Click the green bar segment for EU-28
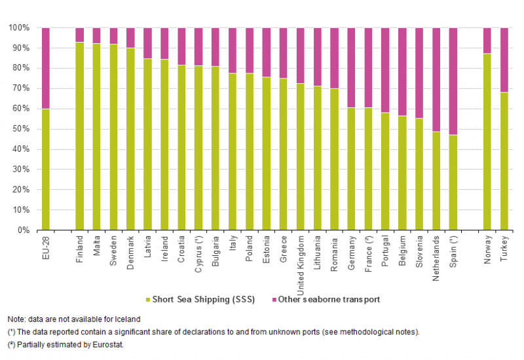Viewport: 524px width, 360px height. point(45,170)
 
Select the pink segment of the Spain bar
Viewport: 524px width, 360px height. point(453,81)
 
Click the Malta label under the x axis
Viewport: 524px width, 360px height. point(96,246)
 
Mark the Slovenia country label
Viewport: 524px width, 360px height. point(419,250)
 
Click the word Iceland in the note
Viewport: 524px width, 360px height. point(127,319)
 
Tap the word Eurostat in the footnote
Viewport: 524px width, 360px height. point(107,344)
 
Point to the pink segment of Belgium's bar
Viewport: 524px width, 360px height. point(402,72)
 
